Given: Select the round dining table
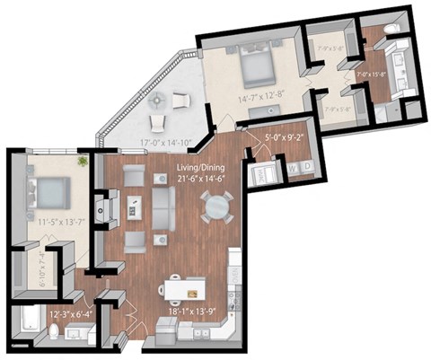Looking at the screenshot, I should click(216, 207).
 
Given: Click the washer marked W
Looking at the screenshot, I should click(293, 167).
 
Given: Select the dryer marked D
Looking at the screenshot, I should click(308, 167).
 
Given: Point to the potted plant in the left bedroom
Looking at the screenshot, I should click(83, 162).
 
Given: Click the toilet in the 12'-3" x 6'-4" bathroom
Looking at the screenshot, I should click(55, 332).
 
